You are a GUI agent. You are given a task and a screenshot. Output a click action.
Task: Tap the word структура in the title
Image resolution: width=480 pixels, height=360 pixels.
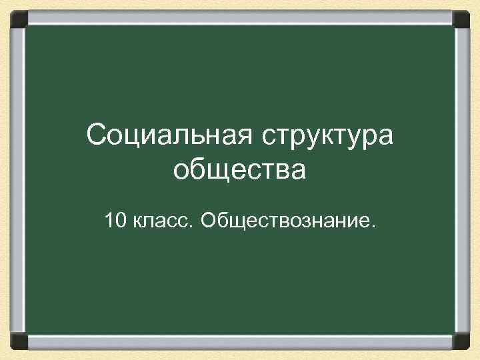coord(327,137)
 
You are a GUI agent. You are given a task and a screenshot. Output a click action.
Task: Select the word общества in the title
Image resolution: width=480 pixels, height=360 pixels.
coord(239,171)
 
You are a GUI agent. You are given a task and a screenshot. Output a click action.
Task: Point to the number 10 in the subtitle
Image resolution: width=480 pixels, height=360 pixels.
coord(114,219)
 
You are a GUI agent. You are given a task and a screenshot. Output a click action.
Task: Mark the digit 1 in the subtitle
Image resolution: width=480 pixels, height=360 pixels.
coord(108,219)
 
